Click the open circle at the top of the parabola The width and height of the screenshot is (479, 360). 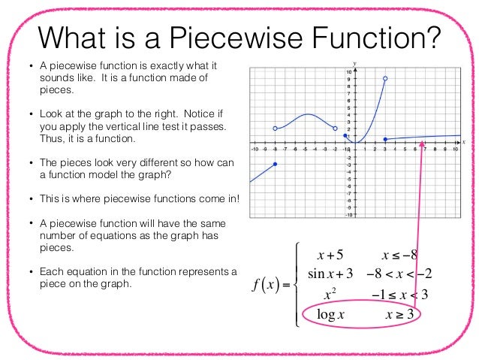385,78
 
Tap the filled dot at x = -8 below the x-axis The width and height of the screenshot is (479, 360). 276,164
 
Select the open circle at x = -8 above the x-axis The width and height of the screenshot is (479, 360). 276,129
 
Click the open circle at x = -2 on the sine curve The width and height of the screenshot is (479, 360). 335,129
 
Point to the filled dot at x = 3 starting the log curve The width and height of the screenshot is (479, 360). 385,139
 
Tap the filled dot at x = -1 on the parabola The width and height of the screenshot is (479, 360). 345,136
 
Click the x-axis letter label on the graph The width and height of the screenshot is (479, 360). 464,141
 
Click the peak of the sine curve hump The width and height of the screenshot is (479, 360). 308,115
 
